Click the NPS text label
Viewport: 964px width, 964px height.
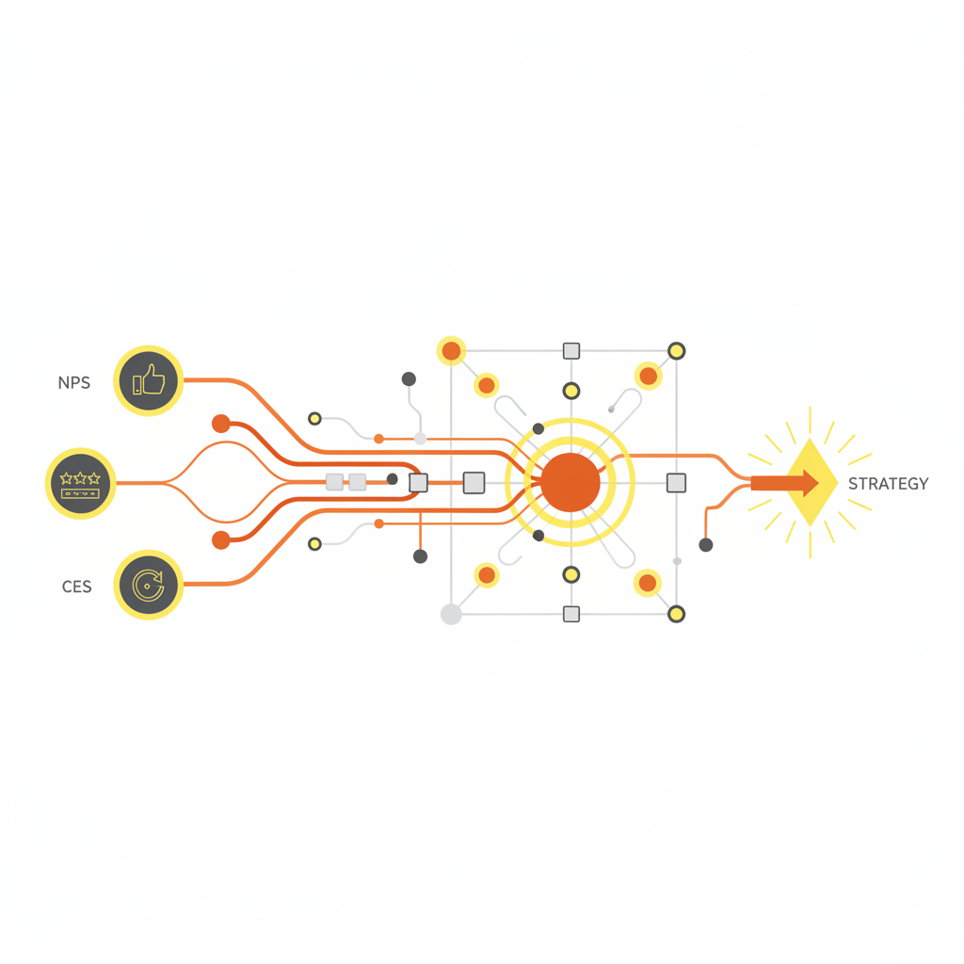pyautogui.click(x=73, y=383)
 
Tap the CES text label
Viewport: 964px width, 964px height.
pyautogui.click(x=77, y=586)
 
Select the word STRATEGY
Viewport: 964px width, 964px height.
pyautogui.click(x=888, y=484)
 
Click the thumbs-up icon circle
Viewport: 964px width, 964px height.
pyautogui.click(x=148, y=380)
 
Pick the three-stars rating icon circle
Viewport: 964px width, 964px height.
pyautogui.click(x=80, y=483)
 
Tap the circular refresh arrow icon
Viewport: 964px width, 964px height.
pyautogui.click(x=148, y=585)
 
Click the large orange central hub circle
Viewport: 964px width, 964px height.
pyautogui.click(x=570, y=483)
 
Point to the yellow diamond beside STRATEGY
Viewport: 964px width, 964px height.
pyautogui.click(x=811, y=483)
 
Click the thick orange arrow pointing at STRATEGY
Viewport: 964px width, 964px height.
pyautogui.click(x=784, y=483)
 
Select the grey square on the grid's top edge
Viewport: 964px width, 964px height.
pyautogui.click(x=571, y=351)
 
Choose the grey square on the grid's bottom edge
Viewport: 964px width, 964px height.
pyautogui.click(x=571, y=614)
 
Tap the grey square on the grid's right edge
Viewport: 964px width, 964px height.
pyautogui.click(x=676, y=483)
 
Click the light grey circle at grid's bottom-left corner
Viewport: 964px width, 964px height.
pyautogui.click(x=451, y=614)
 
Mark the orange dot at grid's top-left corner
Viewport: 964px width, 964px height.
pyautogui.click(x=451, y=351)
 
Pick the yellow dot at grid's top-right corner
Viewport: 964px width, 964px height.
pyautogui.click(x=676, y=351)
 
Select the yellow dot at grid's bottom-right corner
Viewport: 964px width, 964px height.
pyautogui.click(x=676, y=614)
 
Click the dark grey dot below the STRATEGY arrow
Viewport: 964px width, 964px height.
pyautogui.click(x=706, y=545)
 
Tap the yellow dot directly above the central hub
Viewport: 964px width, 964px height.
pyautogui.click(x=571, y=391)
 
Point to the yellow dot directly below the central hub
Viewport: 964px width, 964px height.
pyautogui.click(x=571, y=575)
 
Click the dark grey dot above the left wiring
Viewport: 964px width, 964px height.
pyautogui.click(x=409, y=379)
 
